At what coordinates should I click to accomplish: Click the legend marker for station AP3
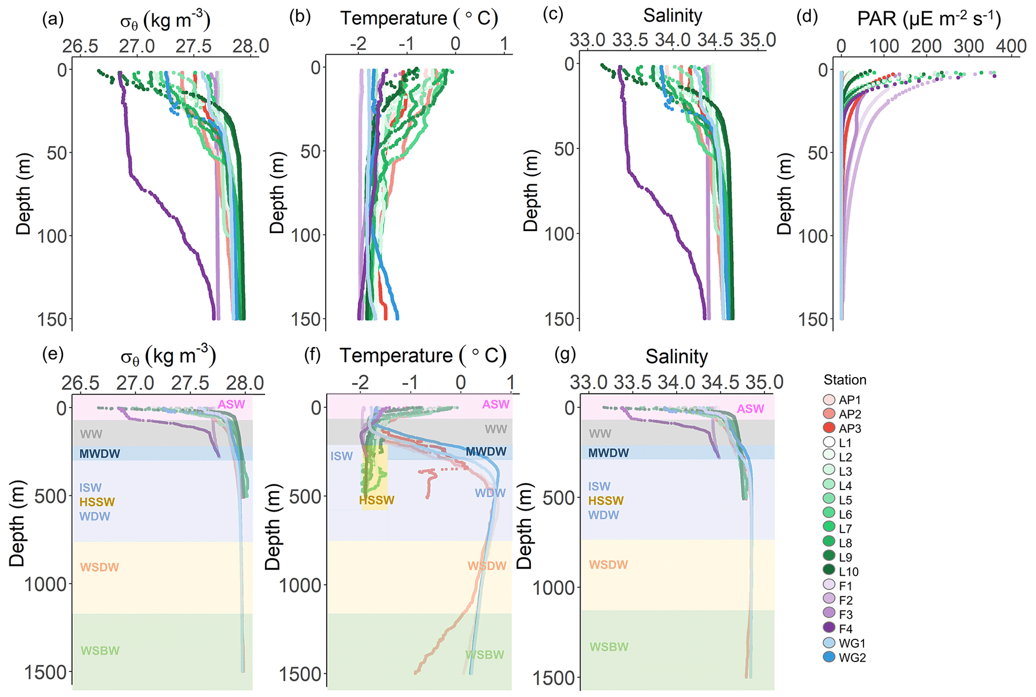830,428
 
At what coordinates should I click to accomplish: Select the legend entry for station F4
830,628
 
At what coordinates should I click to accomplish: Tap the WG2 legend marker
830,657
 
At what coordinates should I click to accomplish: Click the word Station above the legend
845,380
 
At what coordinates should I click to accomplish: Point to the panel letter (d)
807,17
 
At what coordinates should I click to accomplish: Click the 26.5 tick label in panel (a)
80,46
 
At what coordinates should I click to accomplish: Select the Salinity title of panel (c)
673,16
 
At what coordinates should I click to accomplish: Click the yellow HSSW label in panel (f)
376,500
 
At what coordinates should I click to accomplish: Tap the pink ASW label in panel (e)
232,405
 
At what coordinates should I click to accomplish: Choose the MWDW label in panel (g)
608,453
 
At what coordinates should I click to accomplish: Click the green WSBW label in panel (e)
100,651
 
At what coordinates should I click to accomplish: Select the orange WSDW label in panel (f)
487,566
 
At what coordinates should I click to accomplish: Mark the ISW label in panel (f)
341,456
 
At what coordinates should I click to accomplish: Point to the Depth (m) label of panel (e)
17,524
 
